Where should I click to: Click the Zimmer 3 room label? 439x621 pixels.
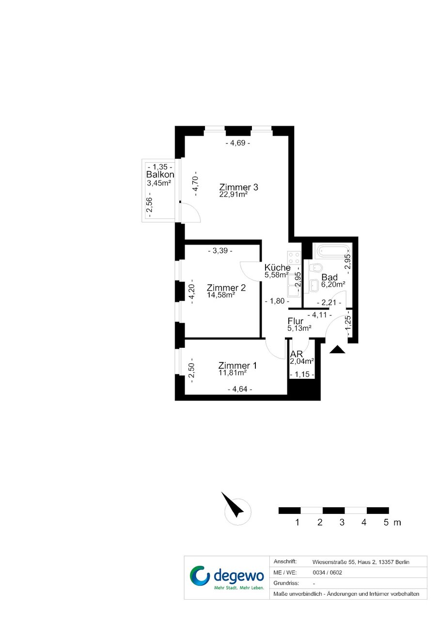click(238, 187)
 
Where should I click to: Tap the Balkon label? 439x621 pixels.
click(160, 174)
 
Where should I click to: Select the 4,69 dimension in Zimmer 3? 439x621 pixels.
click(238, 143)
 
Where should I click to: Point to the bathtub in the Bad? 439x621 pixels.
click(332, 251)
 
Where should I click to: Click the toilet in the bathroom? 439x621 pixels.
click(315, 268)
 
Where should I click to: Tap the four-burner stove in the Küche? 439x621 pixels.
click(294, 258)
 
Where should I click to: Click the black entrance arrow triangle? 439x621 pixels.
click(337, 350)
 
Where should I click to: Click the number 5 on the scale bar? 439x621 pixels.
click(386, 523)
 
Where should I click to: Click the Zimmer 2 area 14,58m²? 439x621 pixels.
click(221, 295)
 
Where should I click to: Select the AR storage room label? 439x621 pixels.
click(296, 354)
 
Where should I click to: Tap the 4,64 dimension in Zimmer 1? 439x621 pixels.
click(240, 389)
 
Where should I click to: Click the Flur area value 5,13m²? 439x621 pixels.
click(299, 328)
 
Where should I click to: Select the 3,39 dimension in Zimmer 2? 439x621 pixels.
click(220, 250)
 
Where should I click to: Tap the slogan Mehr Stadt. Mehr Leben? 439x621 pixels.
click(239, 588)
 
